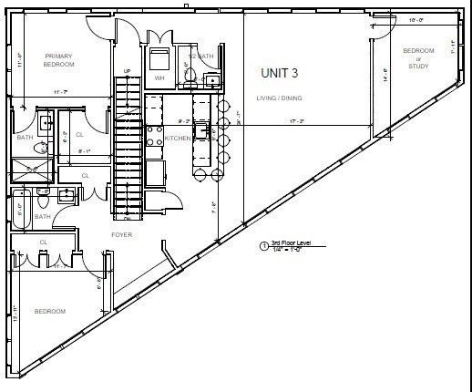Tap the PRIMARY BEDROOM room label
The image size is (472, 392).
pos(58,60)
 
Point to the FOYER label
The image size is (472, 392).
pos(122,234)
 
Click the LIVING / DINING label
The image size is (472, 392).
pos(280,98)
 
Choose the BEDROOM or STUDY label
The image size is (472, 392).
pos(418,57)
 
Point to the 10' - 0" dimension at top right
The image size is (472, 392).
pos(416,18)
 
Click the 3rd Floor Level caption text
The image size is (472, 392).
pos(292,244)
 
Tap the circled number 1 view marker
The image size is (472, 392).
pos(264,246)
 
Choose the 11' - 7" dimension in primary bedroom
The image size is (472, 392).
pos(60,92)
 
